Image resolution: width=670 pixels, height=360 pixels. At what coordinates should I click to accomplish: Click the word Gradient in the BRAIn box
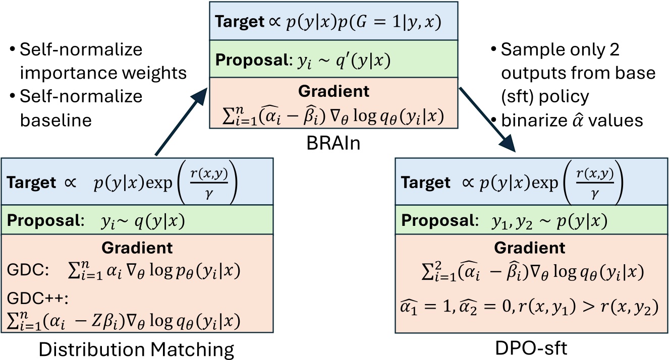334,91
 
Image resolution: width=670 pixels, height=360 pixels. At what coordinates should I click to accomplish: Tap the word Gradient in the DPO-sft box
530,248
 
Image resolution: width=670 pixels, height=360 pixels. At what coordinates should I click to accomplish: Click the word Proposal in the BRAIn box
245,61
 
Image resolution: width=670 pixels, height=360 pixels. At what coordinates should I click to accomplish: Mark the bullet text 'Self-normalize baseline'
76,107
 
